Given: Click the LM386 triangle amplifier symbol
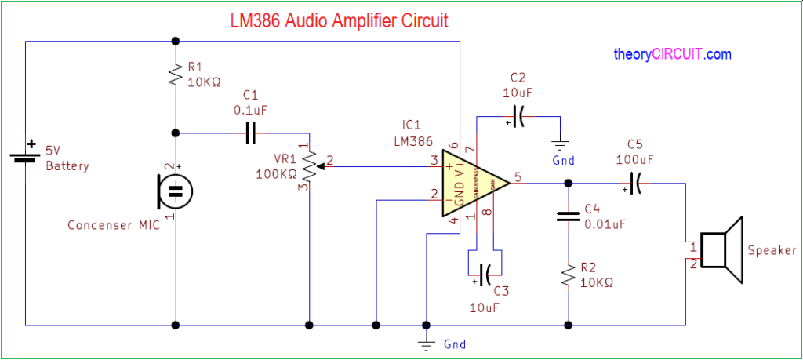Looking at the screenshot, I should pos(471,183).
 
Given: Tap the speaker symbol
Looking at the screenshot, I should pos(721,250).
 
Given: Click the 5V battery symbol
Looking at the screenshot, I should pos(26,156).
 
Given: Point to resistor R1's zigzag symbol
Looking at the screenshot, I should pos(176,75).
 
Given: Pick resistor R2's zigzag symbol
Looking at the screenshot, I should pos(567,275).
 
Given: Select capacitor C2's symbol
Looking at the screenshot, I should pos(518,116).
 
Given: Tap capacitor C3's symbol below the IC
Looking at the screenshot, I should pos(484,274).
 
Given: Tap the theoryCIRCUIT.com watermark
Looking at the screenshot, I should pos(672,55).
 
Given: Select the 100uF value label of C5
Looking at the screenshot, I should pos(635,159).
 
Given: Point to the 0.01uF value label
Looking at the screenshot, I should pos(605,224).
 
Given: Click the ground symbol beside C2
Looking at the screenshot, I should pos(561,144).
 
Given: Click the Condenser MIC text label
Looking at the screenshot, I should pos(113,225).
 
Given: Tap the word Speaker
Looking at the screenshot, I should pos(772,251).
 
